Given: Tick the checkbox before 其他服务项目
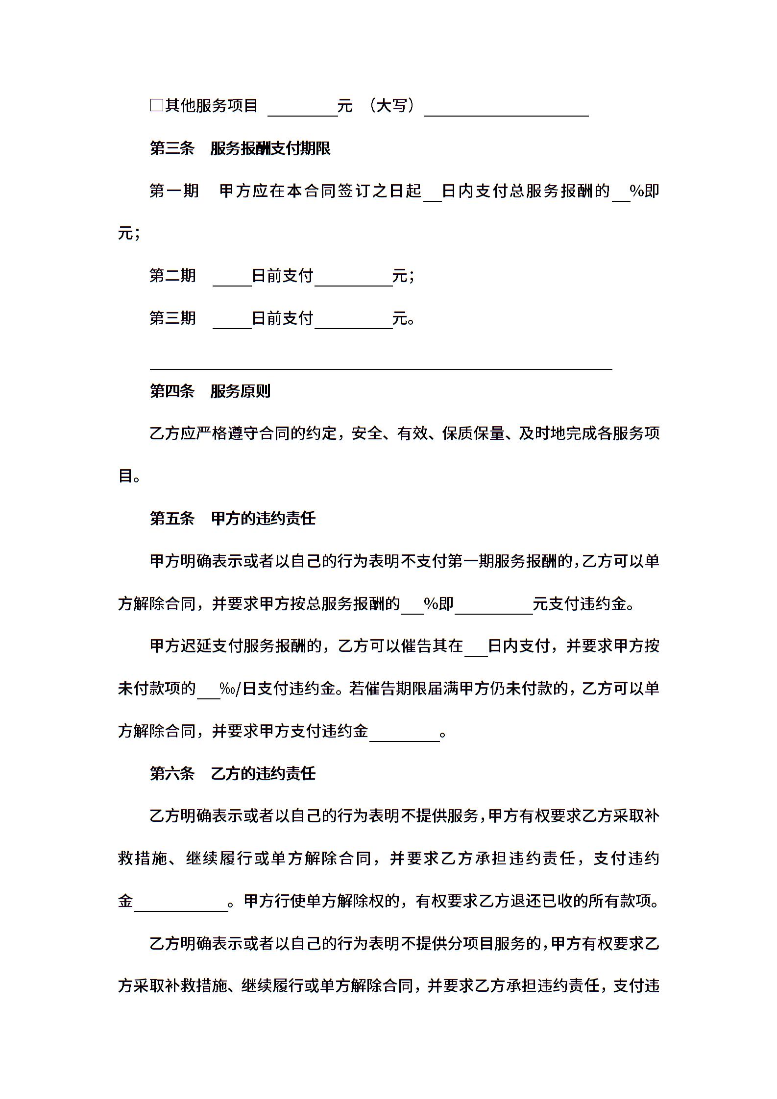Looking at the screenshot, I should click(x=156, y=105).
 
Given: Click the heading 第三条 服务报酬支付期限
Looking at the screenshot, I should click(x=240, y=148).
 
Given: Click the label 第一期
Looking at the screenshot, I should click(x=174, y=191).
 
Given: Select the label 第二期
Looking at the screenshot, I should click(x=172, y=276).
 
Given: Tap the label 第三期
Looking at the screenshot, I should click(x=172, y=318).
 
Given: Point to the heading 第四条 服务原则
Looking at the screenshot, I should click(x=210, y=391).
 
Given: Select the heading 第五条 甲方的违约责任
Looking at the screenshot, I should click(x=232, y=518).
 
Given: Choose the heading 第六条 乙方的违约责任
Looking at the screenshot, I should click(x=232, y=773).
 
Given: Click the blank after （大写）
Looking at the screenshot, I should click(x=506, y=109).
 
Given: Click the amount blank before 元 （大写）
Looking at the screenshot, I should click(x=302, y=109).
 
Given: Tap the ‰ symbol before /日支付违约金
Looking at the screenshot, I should click(x=227, y=689).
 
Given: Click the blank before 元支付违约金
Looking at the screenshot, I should click(x=493, y=606).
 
